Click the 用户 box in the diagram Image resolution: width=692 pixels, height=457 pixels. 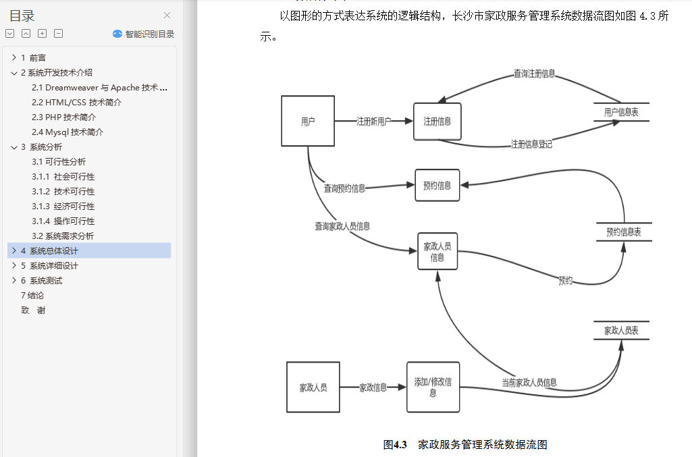click(308, 122)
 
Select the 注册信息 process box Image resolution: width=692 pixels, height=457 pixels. click(437, 122)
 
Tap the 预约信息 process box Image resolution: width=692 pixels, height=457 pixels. click(437, 185)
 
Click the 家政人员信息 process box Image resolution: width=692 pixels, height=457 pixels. click(437, 252)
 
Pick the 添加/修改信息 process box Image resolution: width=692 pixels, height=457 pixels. click(433, 387)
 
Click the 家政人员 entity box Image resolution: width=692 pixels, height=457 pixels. click(313, 387)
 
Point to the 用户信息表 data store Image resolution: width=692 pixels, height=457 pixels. click(621, 113)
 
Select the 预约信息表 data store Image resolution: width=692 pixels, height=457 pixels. click(623, 232)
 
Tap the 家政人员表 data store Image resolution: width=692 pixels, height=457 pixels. click(621, 331)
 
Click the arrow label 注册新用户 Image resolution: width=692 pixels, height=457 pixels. click(374, 122)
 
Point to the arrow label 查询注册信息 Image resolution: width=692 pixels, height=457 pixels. click(534, 74)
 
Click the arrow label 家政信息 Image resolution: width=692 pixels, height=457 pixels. click(373, 387)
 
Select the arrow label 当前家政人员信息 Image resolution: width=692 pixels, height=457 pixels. click(529, 382)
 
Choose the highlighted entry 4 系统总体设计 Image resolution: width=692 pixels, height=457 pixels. click(54, 250)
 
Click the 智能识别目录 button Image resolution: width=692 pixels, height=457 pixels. click(144, 34)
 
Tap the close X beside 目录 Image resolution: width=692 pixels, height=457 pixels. click(167, 16)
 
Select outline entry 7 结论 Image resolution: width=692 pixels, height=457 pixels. click(32, 295)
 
